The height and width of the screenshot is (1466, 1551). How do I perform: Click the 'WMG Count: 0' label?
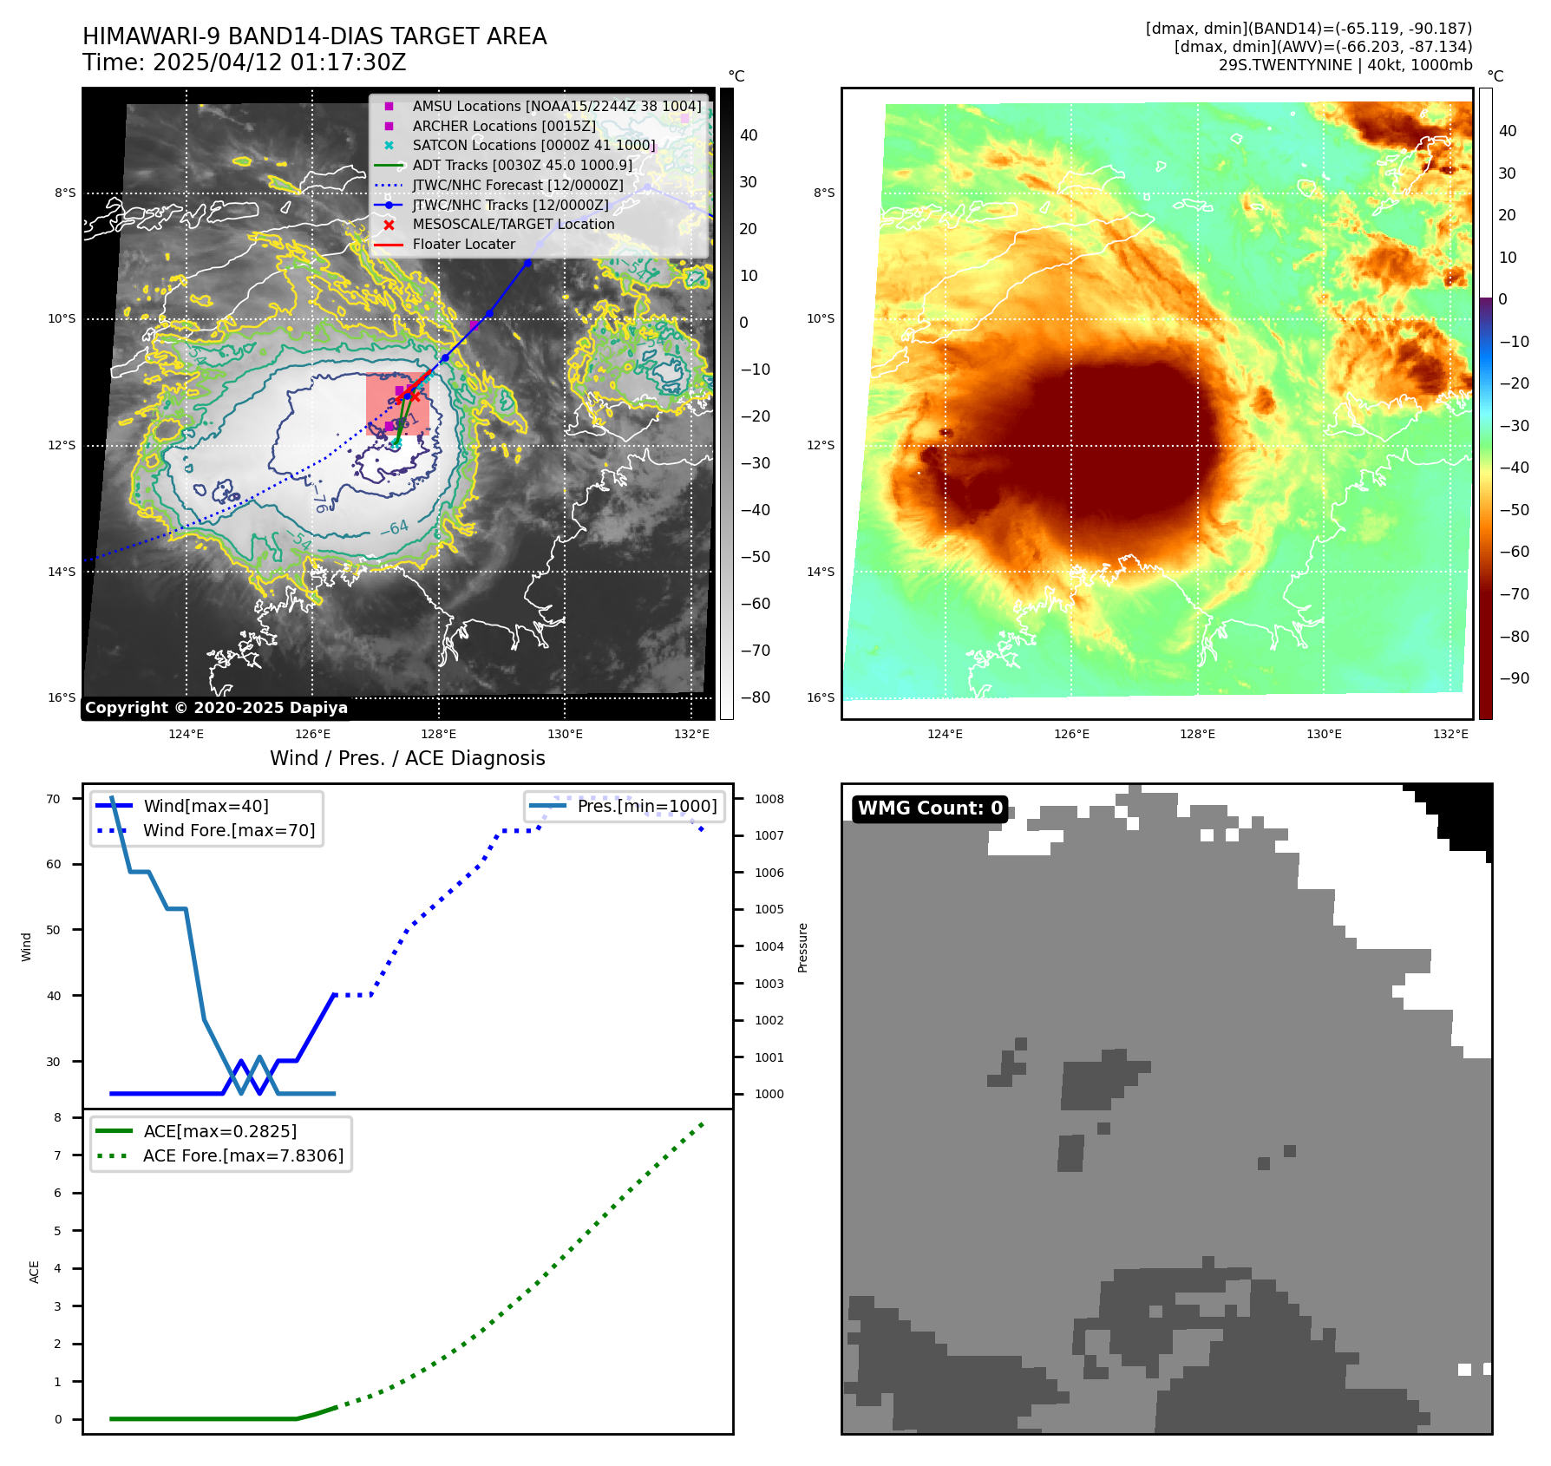(x=930, y=808)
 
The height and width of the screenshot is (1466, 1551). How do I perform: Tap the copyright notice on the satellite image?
(x=216, y=708)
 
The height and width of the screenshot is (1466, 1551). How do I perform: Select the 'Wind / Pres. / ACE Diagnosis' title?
(x=407, y=758)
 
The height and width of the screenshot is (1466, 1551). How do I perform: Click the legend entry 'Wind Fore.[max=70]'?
(x=229, y=830)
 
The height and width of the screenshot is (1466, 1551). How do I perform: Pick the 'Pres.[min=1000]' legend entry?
(x=646, y=806)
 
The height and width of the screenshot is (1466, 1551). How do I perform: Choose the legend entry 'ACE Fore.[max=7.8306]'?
(x=243, y=1155)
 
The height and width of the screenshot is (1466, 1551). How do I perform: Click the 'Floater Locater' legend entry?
(x=463, y=244)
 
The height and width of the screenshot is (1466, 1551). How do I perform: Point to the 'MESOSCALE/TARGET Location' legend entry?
(x=513, y=224)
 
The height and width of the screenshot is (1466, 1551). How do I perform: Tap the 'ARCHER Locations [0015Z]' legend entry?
(x=503, y=126)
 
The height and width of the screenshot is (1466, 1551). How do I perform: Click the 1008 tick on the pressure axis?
(x=769, y=799)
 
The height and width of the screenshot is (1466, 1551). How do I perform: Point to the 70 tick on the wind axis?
(x=54, y=799)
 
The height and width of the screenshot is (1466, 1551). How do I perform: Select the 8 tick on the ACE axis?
(x=58, y=1117)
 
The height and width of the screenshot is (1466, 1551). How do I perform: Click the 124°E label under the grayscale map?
(x=186, y=734)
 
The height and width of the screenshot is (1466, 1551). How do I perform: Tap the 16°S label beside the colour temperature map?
(x=821, y=697)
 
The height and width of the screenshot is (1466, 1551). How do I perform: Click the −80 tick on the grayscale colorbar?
(x=755, y=697)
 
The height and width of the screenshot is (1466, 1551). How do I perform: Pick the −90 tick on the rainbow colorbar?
(x=1514, y=678)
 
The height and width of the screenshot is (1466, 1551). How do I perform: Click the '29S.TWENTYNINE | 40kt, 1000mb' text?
(x=1345, y=65)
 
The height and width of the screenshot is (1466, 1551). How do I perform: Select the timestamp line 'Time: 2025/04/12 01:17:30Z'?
(x=244, y=62)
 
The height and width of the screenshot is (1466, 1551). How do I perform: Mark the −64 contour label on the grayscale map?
(x=395, y=527)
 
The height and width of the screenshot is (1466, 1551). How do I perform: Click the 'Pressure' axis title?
(x=803, y=947)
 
